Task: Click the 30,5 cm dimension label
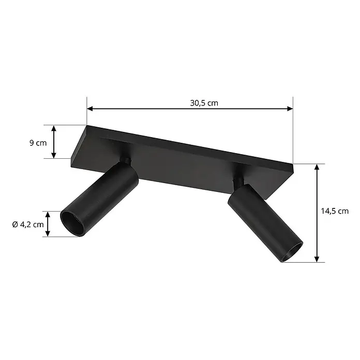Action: [x=204, y=103]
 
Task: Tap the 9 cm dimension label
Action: [x=38, y=143]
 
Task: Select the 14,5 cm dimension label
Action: [x=335, y=211]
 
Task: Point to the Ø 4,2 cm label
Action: [x=28, y=224]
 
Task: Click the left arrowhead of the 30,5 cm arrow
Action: [x=89, y=109]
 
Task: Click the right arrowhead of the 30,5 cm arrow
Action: [x=290, y=109]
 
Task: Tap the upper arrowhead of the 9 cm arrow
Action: [x=54, y=128]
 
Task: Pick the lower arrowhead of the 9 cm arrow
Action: [x=54, y=156]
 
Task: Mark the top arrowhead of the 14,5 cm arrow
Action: [x=317, y=167]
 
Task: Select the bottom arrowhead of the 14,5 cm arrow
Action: [x=317, y=259]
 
